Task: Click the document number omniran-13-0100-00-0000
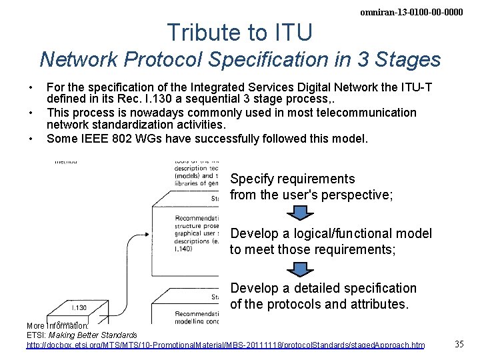pos(411,12)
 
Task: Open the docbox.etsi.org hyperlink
pos(225,345)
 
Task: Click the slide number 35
pos(459,344)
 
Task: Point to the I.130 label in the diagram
pos(78,307)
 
